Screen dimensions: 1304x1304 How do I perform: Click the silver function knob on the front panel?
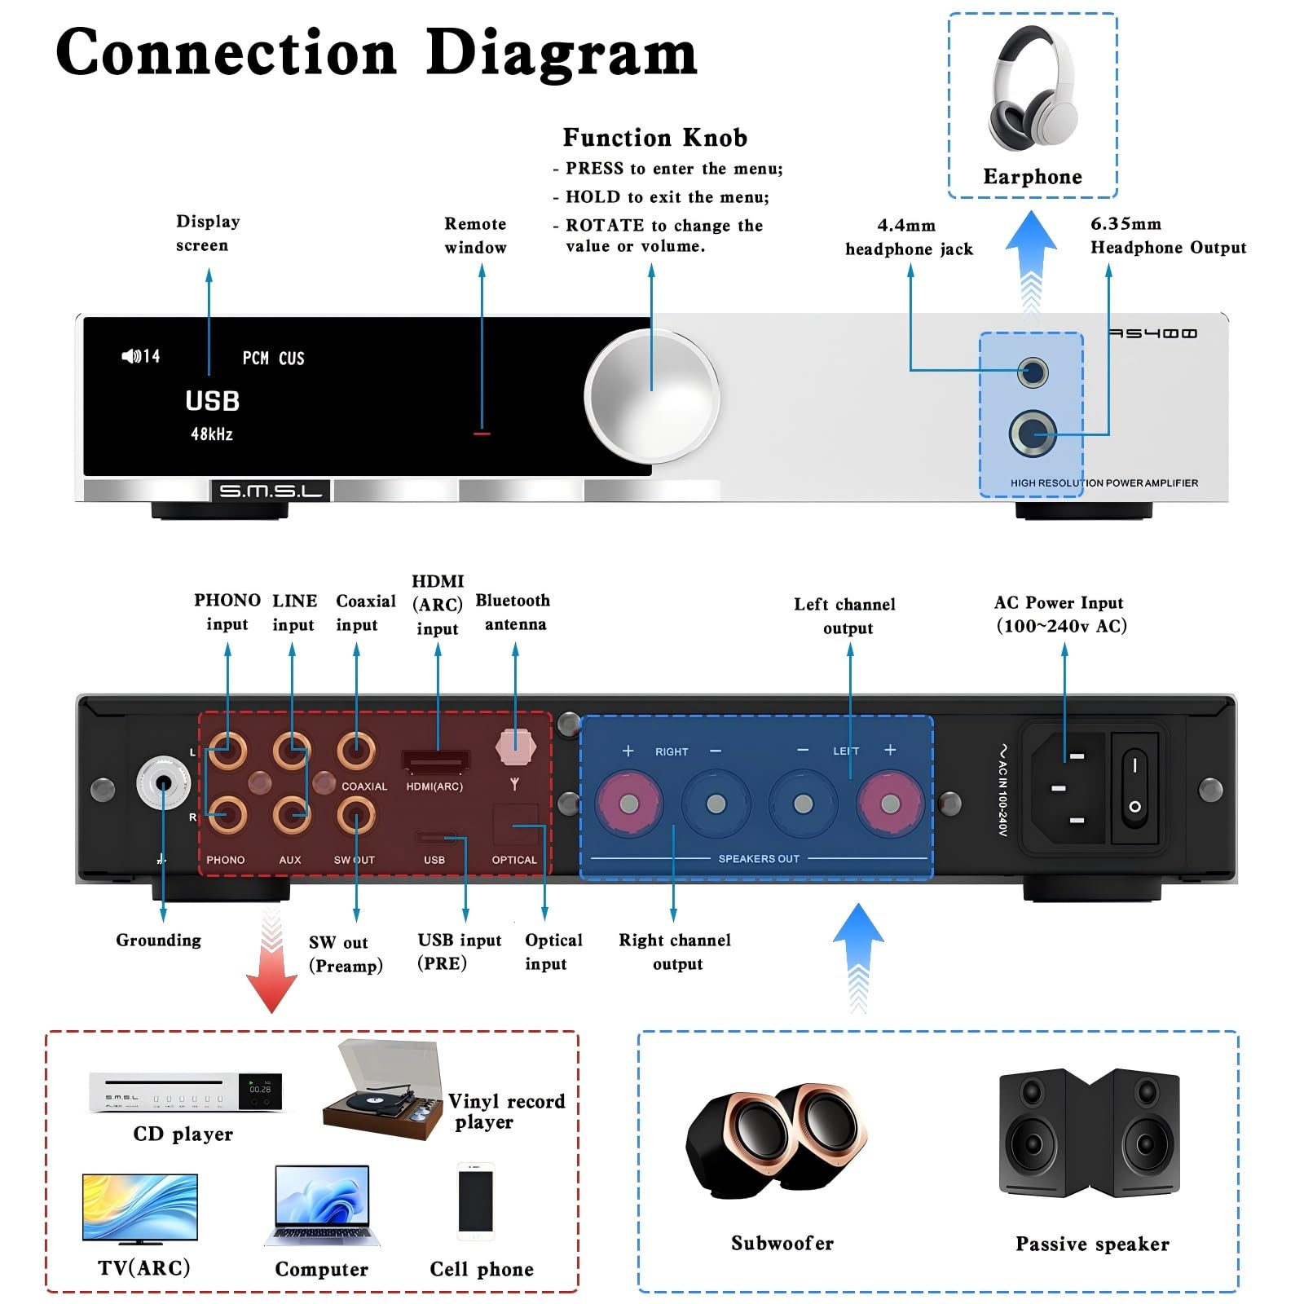pos(651,398)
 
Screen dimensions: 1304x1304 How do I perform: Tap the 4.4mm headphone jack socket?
pos(1033,373)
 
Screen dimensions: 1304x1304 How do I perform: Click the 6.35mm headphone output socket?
pos(1033,433)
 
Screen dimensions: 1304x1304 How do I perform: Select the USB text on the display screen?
pos(212,401)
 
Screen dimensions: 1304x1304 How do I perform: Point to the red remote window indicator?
pos(482,434)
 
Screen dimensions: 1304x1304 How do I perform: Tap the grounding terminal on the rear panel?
pos(163,783)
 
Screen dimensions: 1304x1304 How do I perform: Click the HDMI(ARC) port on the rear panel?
pos(436,761)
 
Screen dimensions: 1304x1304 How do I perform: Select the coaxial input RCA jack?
pos(356,750)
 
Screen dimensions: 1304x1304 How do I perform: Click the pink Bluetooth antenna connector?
pos(515,746)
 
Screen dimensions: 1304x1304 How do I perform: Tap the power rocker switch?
pos(1134,786)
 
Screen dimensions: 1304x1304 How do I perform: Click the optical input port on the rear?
pos(515,826)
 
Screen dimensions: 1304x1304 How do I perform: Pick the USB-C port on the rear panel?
pos(435,837)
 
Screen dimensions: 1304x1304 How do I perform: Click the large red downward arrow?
pos(271,970)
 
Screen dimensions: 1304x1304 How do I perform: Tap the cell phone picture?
pos(475,1201)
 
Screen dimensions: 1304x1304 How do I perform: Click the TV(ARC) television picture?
pos(140,1208)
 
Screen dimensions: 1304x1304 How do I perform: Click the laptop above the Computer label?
pos(322,1205)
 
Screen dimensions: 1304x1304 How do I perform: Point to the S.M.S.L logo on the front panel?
pos(271,491)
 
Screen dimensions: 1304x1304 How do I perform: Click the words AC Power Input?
pos(1058,602)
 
